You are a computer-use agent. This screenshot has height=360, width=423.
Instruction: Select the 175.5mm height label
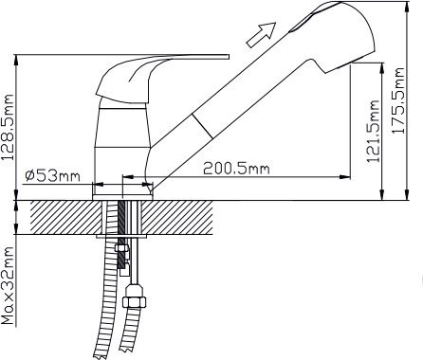(397, 100)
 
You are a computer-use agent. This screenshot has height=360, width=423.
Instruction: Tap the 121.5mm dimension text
(373, 131)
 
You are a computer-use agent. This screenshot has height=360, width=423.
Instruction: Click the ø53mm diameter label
(52, 176)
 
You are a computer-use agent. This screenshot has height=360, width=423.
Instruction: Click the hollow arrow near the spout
(261, 34)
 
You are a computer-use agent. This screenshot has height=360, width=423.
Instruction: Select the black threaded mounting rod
(121, 234)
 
